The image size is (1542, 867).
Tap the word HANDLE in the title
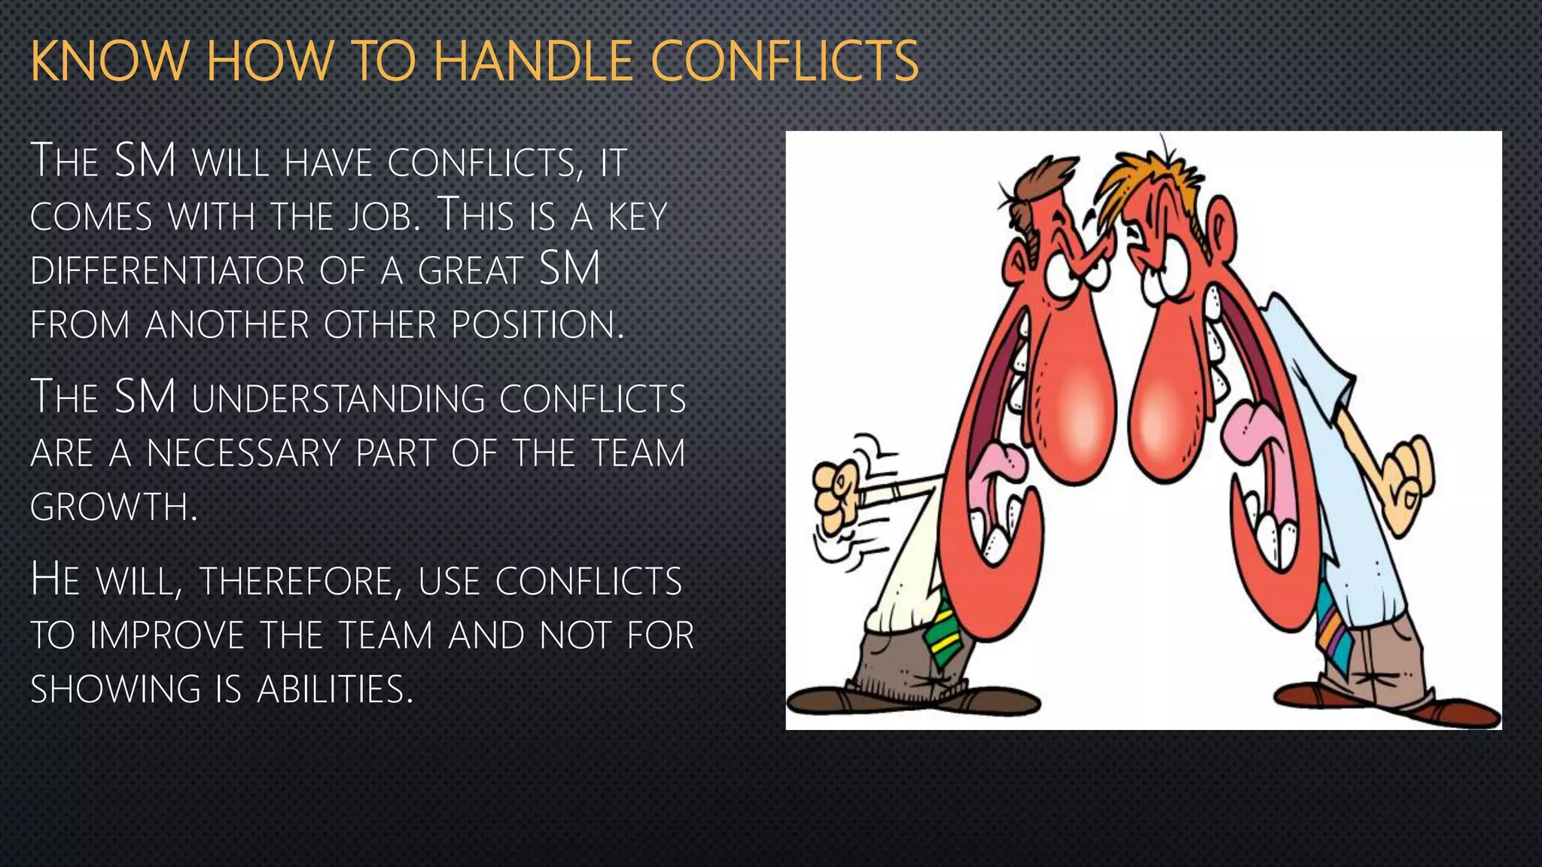pyautogui.click(x=532, y=62)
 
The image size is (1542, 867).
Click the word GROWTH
pyautogui.click(x=113, y=507)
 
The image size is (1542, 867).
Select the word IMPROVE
pyautogui.click(x=166, y=636)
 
